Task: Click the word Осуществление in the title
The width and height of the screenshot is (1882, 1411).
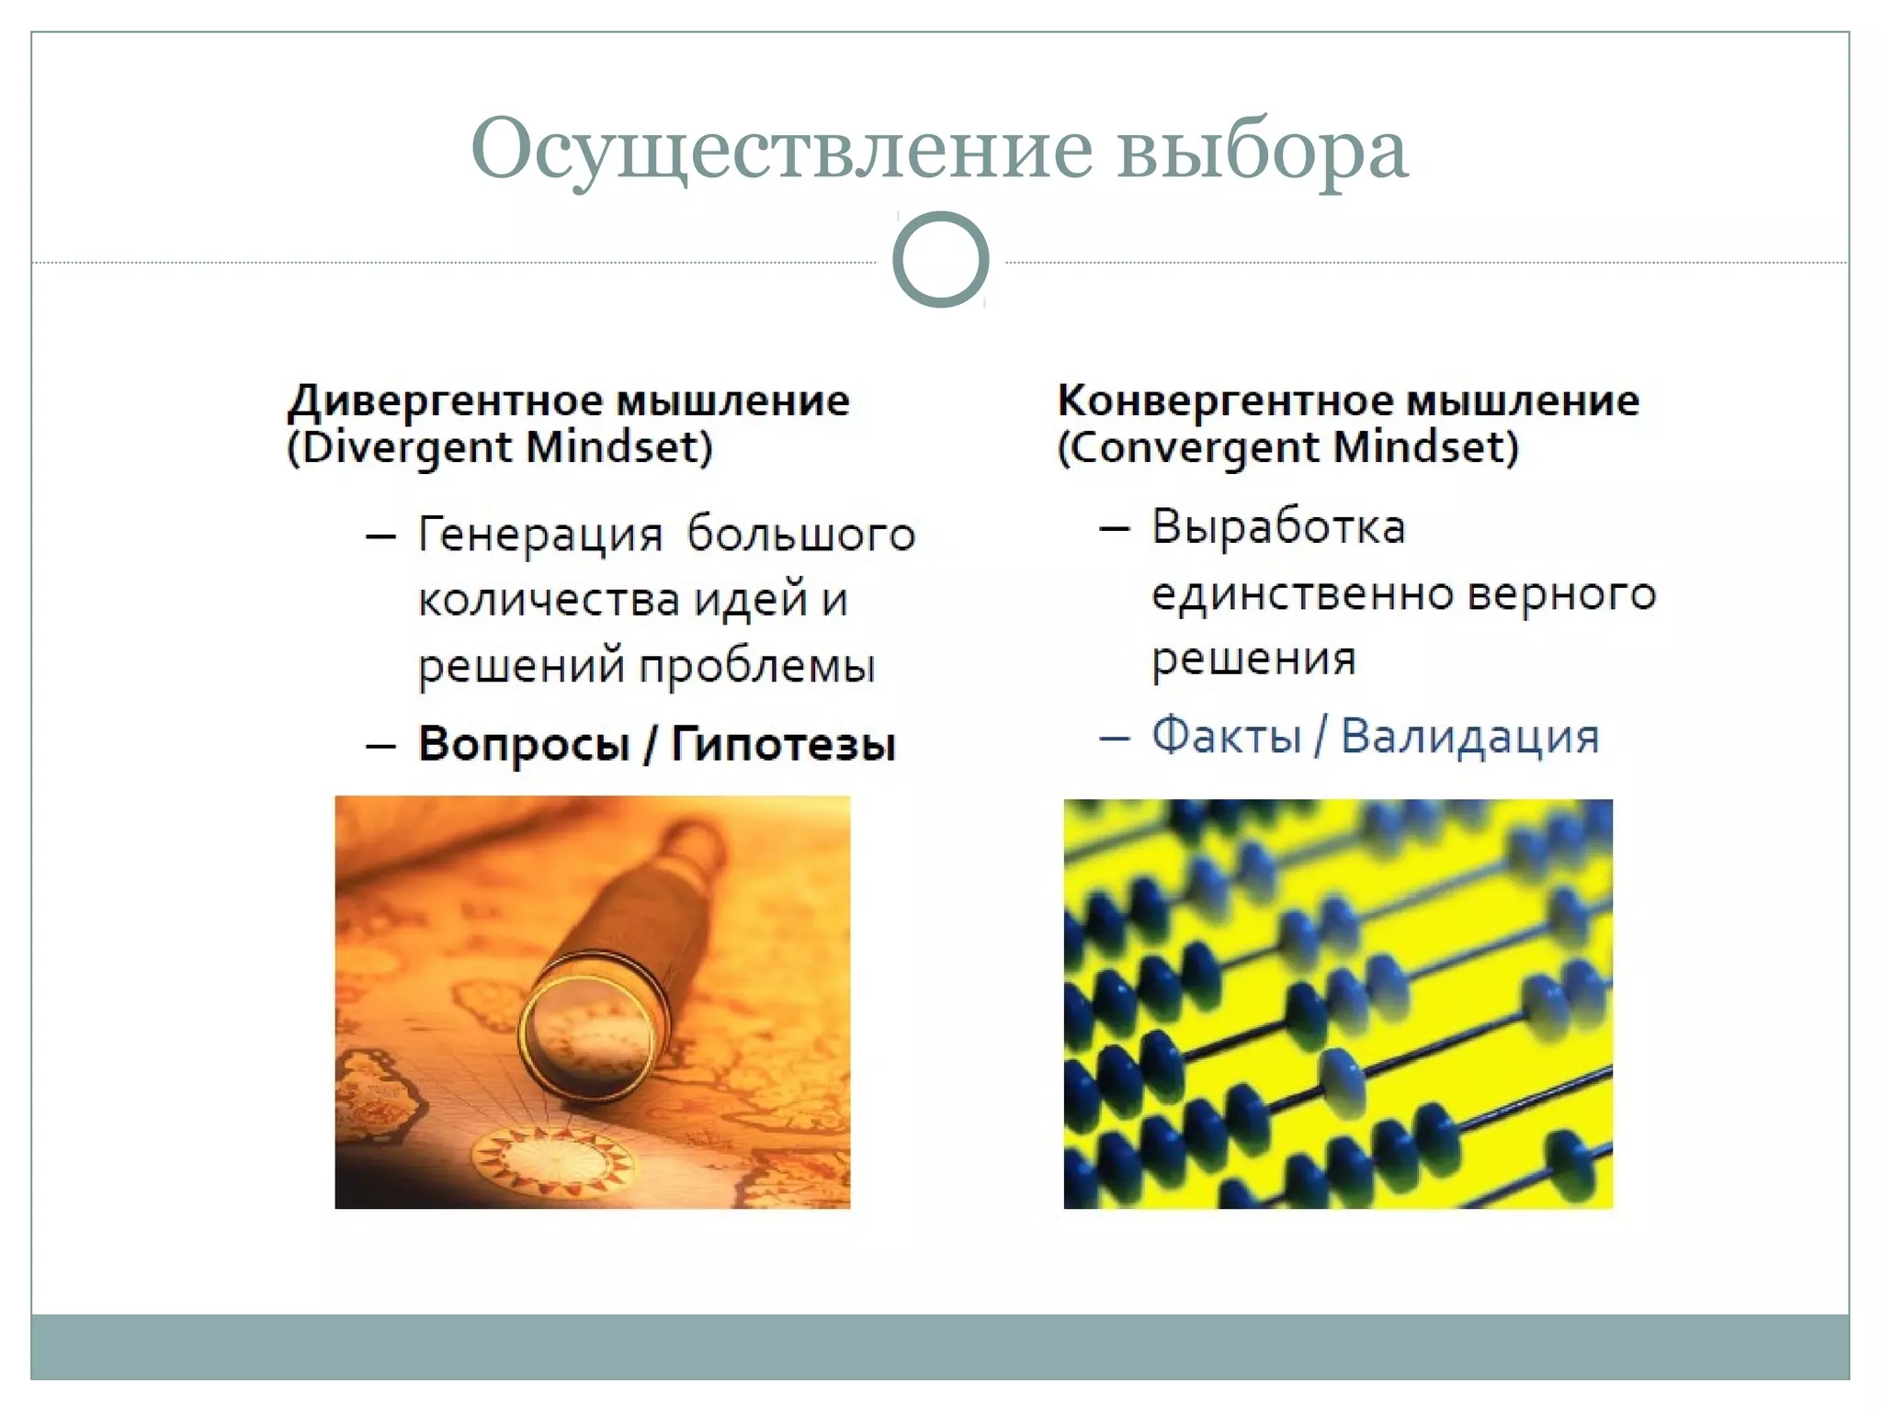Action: point(781,150)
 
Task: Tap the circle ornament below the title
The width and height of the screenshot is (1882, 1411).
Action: point(940,259)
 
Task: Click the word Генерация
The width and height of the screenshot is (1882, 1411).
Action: point(540,535)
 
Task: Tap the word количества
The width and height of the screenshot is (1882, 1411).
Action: point(549,600)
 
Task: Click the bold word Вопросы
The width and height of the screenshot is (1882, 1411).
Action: point(524,743)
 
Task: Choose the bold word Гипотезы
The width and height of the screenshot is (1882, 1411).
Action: point(783,743)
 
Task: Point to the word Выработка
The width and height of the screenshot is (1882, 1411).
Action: point(1278,528)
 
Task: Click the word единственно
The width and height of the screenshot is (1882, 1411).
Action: point(1302,593)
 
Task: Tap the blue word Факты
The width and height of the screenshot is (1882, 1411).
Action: point(1227,737)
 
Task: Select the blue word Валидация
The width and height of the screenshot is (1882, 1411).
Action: point(1469,737)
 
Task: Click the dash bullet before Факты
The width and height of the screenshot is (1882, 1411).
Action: point(1114,738)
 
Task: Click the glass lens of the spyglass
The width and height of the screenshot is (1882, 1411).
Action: point(588,1033)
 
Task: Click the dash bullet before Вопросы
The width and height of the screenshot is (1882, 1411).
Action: point(380,745)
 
